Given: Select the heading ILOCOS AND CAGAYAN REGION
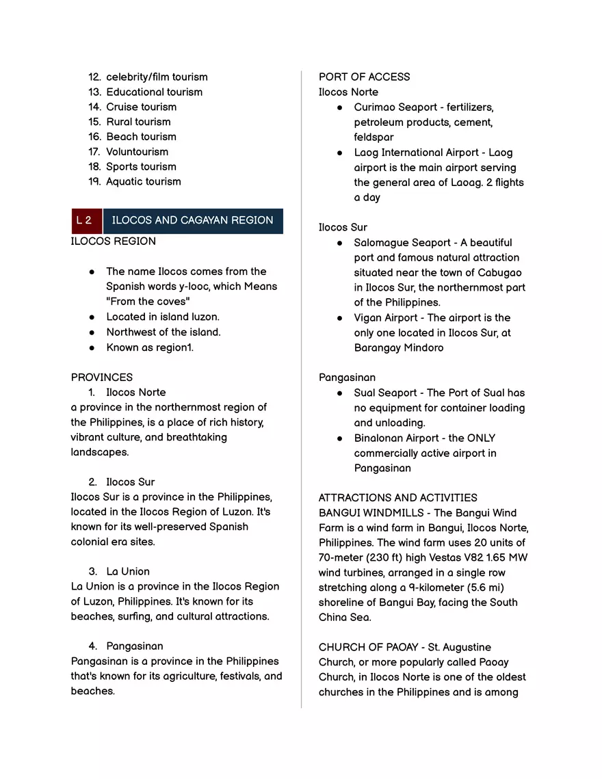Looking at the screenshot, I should [x=192, y=221].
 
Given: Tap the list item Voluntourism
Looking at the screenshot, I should [x=137, y=152].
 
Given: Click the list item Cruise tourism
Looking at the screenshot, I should [x=141, y=107].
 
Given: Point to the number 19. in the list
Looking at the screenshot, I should [x=95, y=182].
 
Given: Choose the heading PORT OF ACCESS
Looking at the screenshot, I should [x=364, y=77].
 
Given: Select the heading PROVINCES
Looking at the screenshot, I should [x=102, y=378].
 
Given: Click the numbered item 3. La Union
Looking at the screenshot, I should [x=127, y=572].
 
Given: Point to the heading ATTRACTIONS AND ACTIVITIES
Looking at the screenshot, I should [x=397, y=498].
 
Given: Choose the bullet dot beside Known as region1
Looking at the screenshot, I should [x=92, y=348].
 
